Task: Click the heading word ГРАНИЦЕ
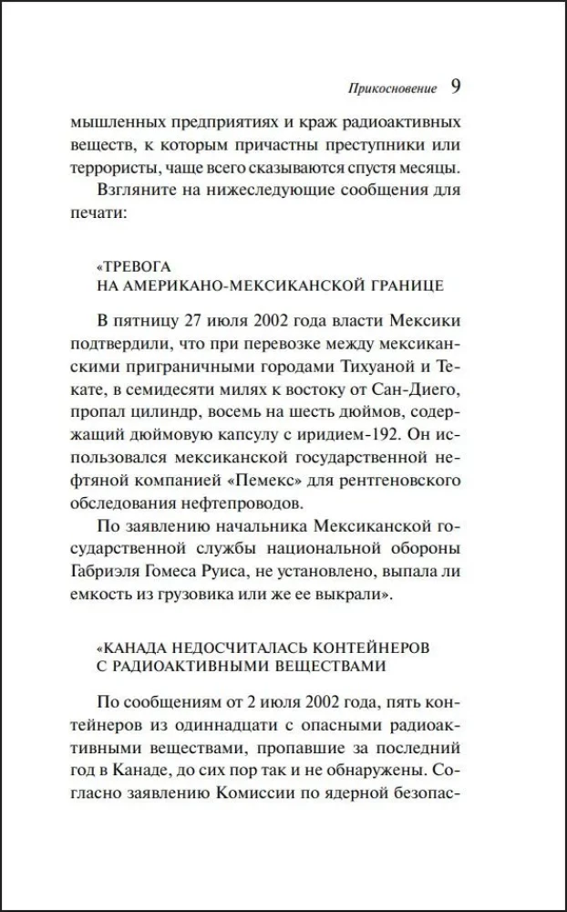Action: pyautogui.click(x=402, y=285)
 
